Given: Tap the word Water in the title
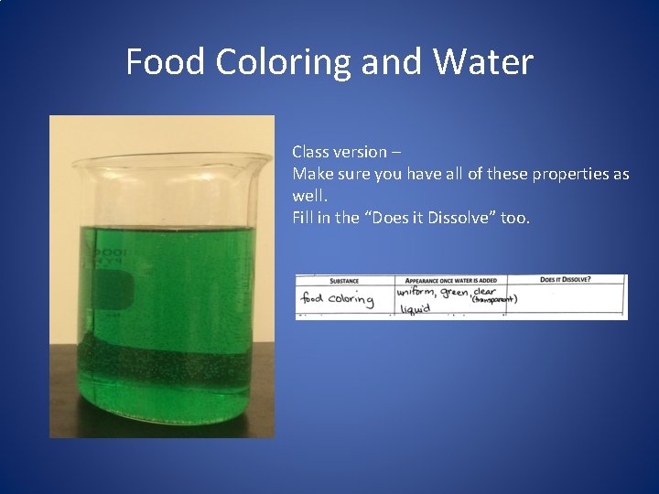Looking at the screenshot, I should [485, 62].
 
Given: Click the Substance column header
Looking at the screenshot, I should [344, 281].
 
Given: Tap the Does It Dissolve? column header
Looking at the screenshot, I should [565, 279].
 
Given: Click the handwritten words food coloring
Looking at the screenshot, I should [337, 299].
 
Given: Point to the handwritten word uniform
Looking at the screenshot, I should [416, 292].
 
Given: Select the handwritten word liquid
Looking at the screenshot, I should [415, 309].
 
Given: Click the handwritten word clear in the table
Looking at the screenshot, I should [484, 290].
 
